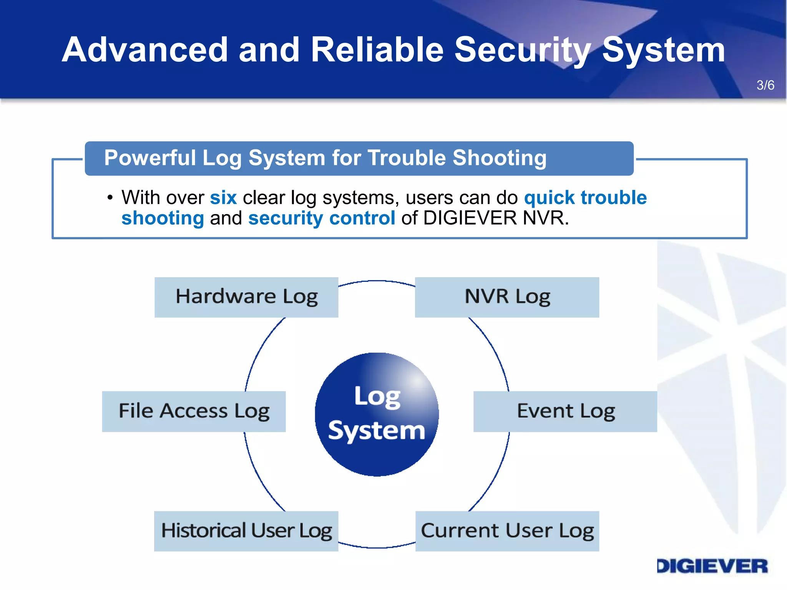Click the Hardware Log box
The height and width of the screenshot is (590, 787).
click(246, 297)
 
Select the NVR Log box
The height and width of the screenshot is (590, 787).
click(507, 297)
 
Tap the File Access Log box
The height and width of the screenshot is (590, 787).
click(194, 411)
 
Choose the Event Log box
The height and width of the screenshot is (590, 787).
click(565, 411)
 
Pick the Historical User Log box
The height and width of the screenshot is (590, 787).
click(246, 531)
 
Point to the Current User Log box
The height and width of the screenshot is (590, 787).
click(507, 531)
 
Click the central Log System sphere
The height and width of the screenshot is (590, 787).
click(377, 414)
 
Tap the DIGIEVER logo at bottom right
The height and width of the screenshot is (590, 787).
click(712, 566)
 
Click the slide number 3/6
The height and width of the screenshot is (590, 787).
click(765, 85)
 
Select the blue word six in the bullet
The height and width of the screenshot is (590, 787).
click(223, 198)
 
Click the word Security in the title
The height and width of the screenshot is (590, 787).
click(523, 50)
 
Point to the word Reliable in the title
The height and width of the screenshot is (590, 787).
click(377, 50)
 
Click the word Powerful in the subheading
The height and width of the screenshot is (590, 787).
click(150, 158)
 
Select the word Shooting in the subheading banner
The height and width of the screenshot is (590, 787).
click(499, 158)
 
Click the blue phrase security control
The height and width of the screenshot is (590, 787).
click(322, 218)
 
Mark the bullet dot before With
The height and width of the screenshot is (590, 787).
click(110, 198)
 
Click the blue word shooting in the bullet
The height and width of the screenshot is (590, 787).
click(163, 218)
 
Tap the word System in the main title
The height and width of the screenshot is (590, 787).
click(663, 50)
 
